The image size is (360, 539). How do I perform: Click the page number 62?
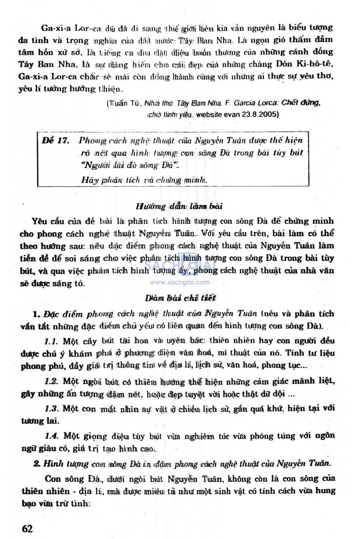tap(27, 528)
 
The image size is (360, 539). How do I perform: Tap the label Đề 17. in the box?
tap(55, 141)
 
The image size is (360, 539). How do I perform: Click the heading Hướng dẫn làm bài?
tap(179, 206)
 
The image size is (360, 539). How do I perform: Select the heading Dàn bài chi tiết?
tap(180, 298)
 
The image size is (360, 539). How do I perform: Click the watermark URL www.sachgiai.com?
tap(180, 282)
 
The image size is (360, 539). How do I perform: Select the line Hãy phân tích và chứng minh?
tap(144, 180)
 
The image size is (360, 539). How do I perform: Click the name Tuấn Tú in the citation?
tap(125, 103)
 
